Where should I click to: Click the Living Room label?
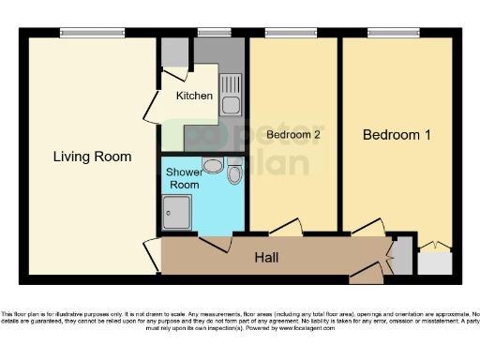[x=91, y=157]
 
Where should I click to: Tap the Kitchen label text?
[x=195, y=96]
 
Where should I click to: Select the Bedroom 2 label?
[x=293, y=135]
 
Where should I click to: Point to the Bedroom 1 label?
[x=397, y=135]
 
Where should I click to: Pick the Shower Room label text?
[x=183, y=178]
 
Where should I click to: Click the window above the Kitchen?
[x=215, y=34]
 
